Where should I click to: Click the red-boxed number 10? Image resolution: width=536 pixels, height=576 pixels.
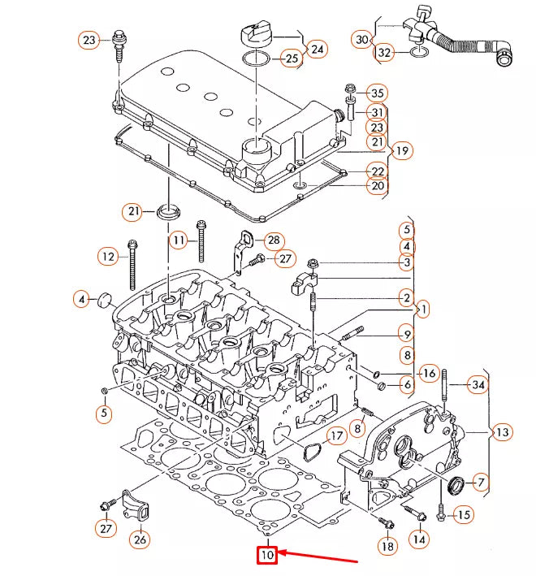pos(267,556)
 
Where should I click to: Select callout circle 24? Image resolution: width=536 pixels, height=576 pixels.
pos(317,50)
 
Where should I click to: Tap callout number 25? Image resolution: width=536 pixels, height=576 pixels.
pos(290,58)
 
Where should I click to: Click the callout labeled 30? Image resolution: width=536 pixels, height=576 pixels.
pos(362,38)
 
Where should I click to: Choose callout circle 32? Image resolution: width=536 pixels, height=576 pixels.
pos(384,53)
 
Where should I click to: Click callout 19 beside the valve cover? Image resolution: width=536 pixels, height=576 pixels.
pos(400,150)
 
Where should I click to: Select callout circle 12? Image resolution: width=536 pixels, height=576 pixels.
pos(108,257)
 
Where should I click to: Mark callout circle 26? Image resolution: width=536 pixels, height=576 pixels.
pos(140,538)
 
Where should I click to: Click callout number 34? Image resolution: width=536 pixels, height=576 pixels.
pos(478,384)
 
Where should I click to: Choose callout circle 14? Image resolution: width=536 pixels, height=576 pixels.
pos(418,538)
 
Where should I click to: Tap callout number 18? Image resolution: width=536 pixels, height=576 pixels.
pos(387,547)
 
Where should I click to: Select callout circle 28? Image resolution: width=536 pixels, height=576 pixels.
pos(273,240)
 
